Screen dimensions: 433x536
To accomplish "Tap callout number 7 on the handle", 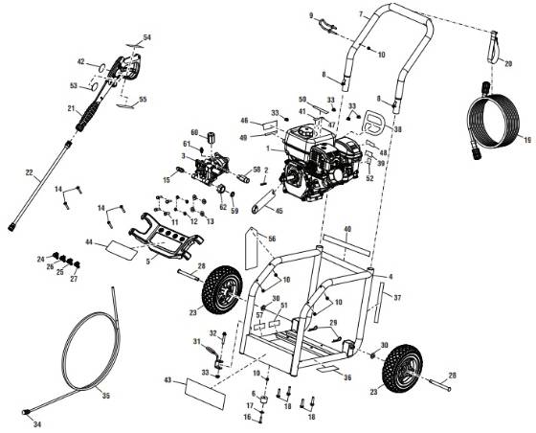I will pyautogui.click(x=361, y=13).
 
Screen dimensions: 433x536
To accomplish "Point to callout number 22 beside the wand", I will pyautogui.click(x=29, y=173).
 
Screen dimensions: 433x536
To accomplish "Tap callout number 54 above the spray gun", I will pyautogui.click(x=146, y=35).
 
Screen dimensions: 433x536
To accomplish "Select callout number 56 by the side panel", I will pyautogui.click(x=271, y=239).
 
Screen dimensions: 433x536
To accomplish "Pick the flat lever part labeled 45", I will pyautogui.click(x=263, y=203).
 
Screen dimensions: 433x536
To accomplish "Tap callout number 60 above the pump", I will pyautogui.click(x=194, y=132).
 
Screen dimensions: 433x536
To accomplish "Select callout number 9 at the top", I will pyautogui.click(x=312, y=16).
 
